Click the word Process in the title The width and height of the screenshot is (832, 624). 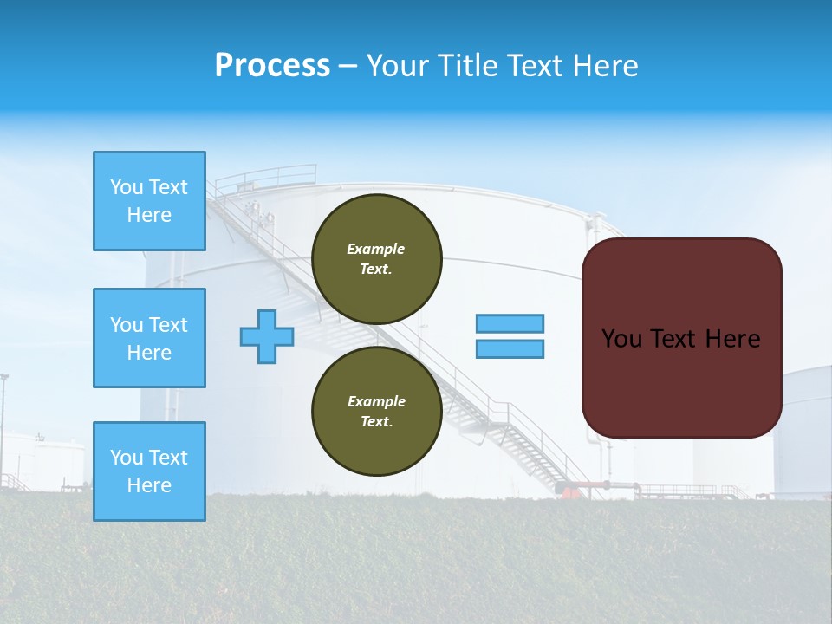[x=272, y=66]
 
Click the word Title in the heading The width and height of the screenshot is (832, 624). [x=467, y=66]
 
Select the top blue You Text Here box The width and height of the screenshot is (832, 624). [x=149, y=201]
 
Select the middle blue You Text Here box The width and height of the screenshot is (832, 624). [x=149, y=338]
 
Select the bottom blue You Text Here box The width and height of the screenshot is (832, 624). [x=149, y=471]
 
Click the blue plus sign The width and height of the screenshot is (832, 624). [x=267, y=336]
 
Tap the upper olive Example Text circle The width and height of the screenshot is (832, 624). [x=376, y=258]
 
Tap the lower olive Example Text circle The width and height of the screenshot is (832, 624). [x=376, y=411]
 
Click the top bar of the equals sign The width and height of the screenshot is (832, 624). [x=510, y=323]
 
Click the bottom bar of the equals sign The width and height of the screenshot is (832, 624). [x=510, y=348]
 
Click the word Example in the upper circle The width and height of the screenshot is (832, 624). [x=376, y=249]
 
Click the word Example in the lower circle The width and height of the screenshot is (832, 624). [x=376, y=401]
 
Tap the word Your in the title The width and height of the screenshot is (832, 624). [x=399, y=66]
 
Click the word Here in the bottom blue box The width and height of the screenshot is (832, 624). [x=149, y=485]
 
